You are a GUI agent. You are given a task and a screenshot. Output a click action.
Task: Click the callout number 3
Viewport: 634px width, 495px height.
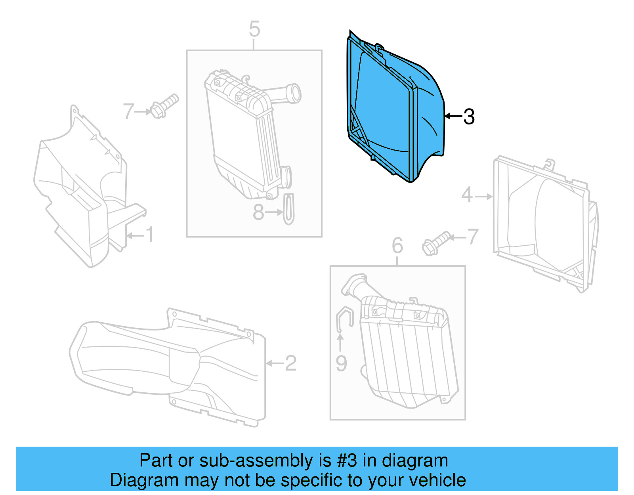click(469, 117)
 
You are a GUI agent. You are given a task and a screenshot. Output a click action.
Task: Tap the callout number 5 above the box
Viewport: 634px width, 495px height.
click(254, 29)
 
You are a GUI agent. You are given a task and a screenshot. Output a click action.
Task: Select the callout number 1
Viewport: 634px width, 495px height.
click(149, 235)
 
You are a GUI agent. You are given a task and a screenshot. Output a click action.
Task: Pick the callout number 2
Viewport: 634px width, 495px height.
click(290, 363)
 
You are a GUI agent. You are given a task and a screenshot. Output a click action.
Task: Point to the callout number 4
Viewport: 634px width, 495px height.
click(467, 195)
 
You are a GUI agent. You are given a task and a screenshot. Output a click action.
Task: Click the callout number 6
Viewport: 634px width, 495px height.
click(397, 246)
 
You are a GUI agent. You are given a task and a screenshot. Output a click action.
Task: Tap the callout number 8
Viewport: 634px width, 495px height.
click(258, 212)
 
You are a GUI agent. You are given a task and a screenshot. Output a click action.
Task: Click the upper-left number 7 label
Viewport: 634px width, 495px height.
click(128, 111)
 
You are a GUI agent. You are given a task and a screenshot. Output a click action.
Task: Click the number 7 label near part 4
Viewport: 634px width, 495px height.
click(473, 237)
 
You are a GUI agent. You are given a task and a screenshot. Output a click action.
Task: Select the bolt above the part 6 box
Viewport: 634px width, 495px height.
click(436, 243)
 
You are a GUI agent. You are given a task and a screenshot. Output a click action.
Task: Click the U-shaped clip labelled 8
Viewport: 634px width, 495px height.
click(289, 209)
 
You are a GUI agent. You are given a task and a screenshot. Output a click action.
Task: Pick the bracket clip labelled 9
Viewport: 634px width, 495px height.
click(344, 317)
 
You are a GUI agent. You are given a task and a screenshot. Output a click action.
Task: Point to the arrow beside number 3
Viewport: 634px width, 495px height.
click(453, 116)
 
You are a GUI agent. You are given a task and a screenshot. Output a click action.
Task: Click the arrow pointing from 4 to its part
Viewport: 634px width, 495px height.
click(483, 196)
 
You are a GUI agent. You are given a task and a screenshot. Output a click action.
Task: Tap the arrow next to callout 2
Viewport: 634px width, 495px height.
click(274, 363)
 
